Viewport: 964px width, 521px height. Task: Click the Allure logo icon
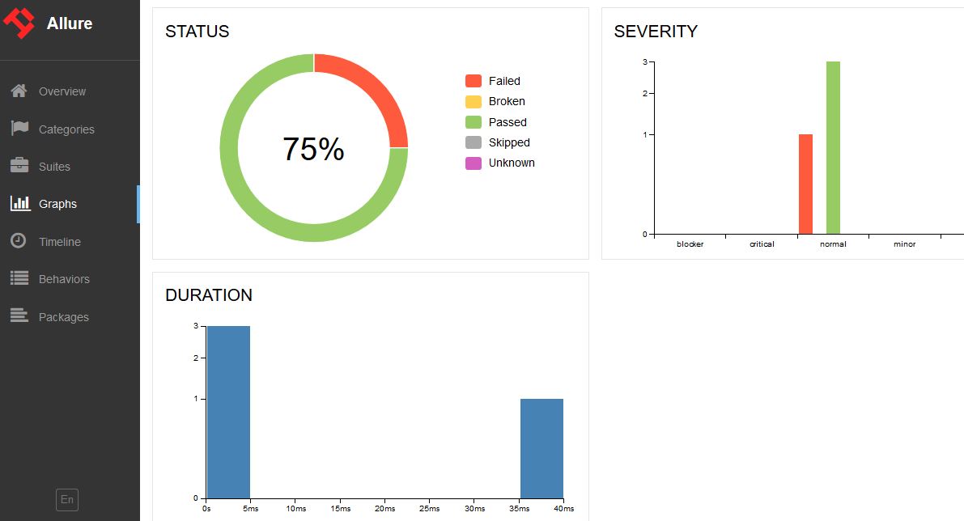pyautogui.click(x=19, y=23)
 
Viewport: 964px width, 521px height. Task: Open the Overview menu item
pyautogui.click(x=62, y=91)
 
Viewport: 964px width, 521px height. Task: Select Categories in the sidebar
pyautogui.click(x=66, y=129)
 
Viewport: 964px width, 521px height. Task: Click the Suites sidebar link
pyautogui.click(x=54, y=167)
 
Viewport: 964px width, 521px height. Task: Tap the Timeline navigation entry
pyautogui.click(x=59, y=242)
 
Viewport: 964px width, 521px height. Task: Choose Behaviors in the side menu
pyautogui.click(x=64, y=279)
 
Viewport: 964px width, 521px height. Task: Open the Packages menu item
pyautogui.click(x=63, y=317)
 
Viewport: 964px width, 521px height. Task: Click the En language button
pyautogui.click(x=67, y=500)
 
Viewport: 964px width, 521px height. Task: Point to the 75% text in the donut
pyautogui.click(x=313, y=149)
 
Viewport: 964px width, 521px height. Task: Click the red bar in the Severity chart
pyautogui.click(x=805, y=184)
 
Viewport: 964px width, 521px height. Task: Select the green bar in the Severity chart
pyautogui.click(x=833, y=148)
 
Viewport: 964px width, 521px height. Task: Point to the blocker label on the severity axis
pyautogui.click(x=690, y=244)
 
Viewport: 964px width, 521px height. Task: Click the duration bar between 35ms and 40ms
pyautogui.click(x=541, y=448)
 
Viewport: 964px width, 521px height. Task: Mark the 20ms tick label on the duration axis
pyautogui.click(x=385, y=509)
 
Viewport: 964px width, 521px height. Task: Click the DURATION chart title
pyautogui.click(x=209, y=295)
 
